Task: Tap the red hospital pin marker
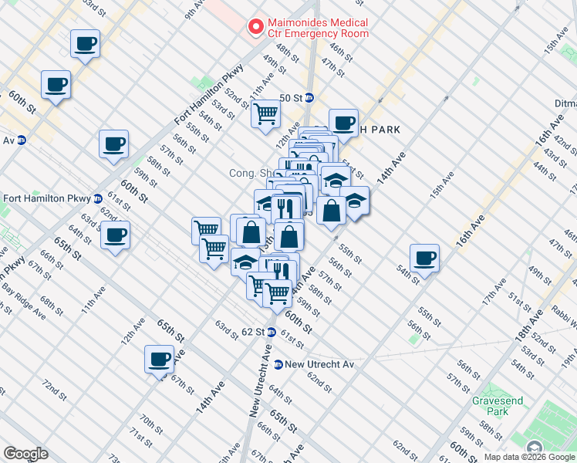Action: click(254, 27)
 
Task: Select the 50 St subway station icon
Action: click(309, 98)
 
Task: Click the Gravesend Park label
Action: click(491, 406)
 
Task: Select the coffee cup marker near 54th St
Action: click(423, 258)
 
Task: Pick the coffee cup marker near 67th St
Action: click(160, 359)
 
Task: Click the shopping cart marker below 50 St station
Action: click(265, 113)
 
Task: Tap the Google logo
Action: click(25, 454)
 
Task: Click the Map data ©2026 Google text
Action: click(529, 457)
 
